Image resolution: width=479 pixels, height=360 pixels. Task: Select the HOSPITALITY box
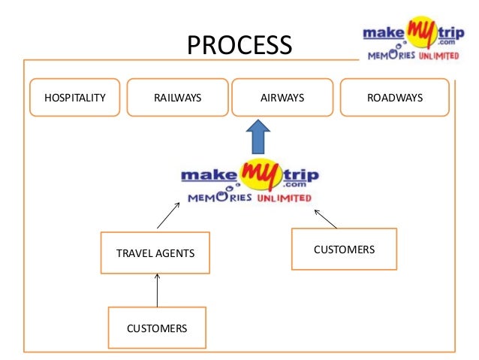75,98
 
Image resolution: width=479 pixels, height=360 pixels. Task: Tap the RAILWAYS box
177,98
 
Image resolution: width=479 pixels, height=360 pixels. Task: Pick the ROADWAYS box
395,98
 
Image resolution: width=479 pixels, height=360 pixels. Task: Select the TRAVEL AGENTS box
155,253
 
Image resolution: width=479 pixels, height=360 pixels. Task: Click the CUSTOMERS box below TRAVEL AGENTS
157,328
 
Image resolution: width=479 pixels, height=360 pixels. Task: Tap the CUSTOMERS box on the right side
344,249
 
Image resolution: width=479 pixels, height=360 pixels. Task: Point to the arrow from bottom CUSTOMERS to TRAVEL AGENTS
157,290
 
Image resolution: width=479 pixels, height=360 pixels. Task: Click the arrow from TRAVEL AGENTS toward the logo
168,215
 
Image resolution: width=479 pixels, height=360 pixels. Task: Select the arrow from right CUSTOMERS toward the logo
327,218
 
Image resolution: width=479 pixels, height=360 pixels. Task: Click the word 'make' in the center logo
209,176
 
